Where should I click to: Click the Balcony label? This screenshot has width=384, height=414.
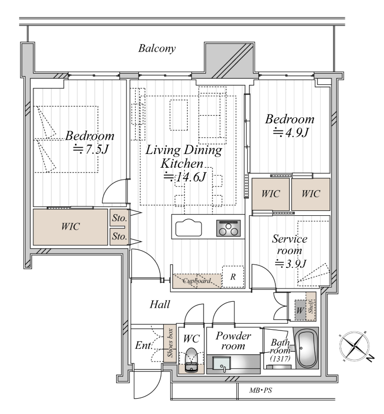[x=157, y=49]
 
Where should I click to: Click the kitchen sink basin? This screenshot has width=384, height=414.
[x=188, y=228]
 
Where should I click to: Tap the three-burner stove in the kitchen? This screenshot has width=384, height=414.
[x=229, y=228]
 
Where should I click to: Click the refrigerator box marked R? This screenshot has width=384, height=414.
[x=233, y=277]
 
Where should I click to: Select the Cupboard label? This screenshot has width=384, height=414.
[x=197, y=281]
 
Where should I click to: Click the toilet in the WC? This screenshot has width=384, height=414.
[x=191, y=360]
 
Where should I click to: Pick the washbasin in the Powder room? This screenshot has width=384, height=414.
[x=222, y=364]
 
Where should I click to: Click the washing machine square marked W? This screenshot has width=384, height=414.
[x=300, y=310]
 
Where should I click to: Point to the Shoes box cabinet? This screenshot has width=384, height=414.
[x=170, y=343]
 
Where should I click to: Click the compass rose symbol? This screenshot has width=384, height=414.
[x=355, y=345]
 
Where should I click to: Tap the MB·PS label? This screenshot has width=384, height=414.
[x=260, y=390]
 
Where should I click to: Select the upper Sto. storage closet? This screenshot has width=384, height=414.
[x=119, y=218]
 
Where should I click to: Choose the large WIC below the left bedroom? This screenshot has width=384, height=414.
[x=70, y=227]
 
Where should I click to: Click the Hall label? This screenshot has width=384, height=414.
[x=160, y=305]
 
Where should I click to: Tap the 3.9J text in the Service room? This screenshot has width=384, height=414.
[x=291, y=263]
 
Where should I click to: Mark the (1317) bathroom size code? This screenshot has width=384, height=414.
[x=280, y=358]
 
